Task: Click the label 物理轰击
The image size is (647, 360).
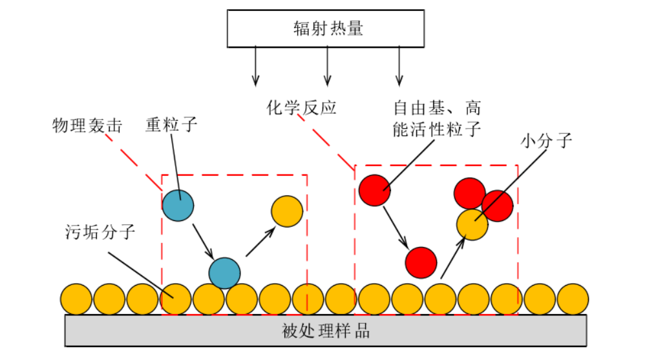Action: (x=87, y=125)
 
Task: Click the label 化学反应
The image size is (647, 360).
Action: (x=301, y=107)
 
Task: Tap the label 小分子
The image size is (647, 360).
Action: (x=546, y=140)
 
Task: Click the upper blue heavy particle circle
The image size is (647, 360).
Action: (x=178, y=205)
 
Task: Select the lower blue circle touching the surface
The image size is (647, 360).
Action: (x=224, y=273)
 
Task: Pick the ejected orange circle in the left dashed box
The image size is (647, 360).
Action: (x=287, y=211)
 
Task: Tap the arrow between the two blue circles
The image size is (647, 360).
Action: (x=203, y=240)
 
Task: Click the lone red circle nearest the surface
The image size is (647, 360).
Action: (x=421, y=262)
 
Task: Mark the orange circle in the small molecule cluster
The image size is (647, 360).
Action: (x=472, y=225)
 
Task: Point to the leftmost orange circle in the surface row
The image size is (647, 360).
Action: (x=77, y=299)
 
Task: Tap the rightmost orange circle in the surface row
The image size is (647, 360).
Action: (x=573, y=299)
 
